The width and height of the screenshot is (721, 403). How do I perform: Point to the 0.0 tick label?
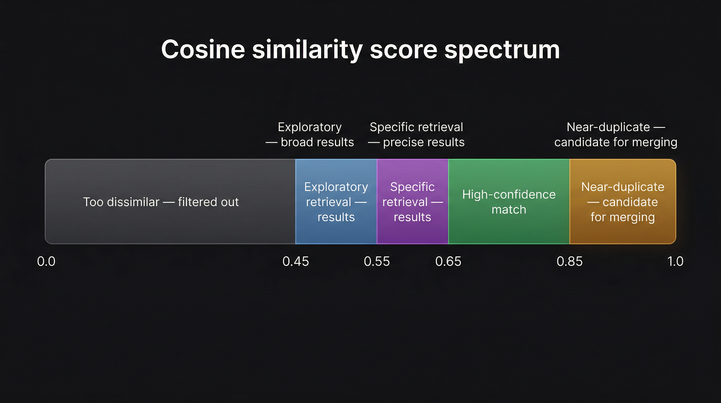click(46, 262)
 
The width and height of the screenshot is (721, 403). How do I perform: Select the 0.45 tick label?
click(296, 262)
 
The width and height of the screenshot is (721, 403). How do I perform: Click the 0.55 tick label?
click(377, 262)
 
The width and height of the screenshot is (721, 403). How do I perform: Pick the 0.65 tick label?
click(448, 262)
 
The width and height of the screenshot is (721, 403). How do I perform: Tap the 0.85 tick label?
click(569, 262)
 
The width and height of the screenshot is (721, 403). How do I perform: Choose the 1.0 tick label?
click(675, 262)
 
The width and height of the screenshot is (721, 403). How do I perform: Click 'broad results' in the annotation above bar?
click(317, 142)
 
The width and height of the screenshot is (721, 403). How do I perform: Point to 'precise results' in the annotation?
click(423, 142)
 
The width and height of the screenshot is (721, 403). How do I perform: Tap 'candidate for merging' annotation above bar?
click(615, 142)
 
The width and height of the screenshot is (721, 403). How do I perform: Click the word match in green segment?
click(509, 210)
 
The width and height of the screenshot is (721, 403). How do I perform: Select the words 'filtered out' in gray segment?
click(208, 202)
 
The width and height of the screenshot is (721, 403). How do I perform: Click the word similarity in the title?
click(307, 50)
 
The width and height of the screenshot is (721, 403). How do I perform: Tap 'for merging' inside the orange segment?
click(622, 217)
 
